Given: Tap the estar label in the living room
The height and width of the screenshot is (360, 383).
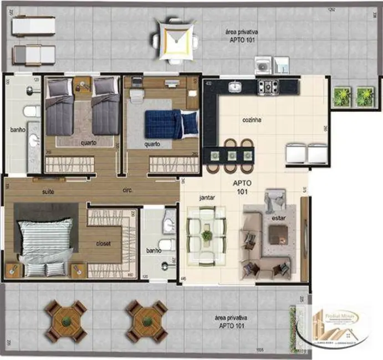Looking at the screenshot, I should [278, 218].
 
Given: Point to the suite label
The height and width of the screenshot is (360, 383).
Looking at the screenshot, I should [48, 192].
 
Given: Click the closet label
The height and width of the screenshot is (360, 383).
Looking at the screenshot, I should [104, 243].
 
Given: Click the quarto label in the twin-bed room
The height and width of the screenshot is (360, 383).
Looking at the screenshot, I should [88, 142].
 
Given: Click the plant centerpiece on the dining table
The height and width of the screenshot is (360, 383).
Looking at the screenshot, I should [207, 235].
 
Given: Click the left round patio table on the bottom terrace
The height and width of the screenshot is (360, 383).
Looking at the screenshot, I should [67, 321].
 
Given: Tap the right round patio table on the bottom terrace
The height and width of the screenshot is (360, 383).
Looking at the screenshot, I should [147, 321].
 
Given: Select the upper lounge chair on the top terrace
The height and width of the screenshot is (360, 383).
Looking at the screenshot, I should [34, 25].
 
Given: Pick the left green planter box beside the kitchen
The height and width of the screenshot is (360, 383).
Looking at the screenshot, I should [341, 97].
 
